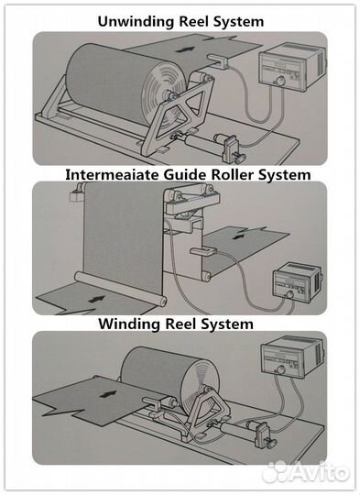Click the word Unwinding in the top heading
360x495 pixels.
(x=136, y=22)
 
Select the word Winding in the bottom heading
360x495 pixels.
(x=129, y=324)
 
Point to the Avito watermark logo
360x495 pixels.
(x=306, y=472)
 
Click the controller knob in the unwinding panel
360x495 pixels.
(x=279, y=82)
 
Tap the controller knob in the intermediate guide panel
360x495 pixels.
(x=289, y=294)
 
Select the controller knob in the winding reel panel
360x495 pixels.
(x=281, y=369)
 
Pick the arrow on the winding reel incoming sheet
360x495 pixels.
(x=107, y=394)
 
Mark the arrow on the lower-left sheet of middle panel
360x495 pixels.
(x=96, y=299)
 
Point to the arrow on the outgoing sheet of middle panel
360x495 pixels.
(x=240, y=236)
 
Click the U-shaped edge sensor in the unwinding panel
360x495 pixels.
(x=219, y=60)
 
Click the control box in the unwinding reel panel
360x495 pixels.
(x=291, y=67)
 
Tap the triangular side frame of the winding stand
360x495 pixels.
(x=206, y=412)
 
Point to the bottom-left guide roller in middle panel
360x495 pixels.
(x=121, y=289)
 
